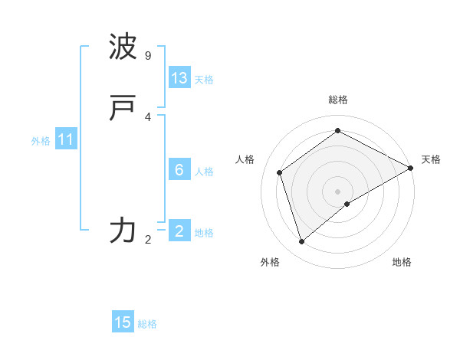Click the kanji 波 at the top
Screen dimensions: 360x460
click(x=123, y=47)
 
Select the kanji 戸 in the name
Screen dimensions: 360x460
click(x=123, y=110)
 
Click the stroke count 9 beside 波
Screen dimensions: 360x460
click(x=147, y=56)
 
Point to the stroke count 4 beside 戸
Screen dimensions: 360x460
click(x=147, y=117)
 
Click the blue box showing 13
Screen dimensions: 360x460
click(x=179, y=78)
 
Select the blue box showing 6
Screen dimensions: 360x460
click(x=179, y=170)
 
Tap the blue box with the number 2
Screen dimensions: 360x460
click(x=179, y=231)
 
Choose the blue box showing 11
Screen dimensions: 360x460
click(x=66, y=140)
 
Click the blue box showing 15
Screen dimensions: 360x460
click(x=123, y=322)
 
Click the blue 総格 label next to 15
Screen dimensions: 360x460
click(x=147, y=324)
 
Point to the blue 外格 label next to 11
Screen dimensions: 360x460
click(x=41, y=141)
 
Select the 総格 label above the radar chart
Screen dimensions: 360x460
click(x=338, y=100)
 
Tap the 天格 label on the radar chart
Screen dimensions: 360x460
click(x=431, y=159)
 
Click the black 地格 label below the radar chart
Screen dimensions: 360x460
click(x=402, y=262)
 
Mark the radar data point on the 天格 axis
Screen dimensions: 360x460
click(x=411, y=168)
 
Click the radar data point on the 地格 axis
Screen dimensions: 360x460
click(x=347, y=204)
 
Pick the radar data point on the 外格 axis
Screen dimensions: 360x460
click(x=302, y=242)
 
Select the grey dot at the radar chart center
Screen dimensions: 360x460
click(x=338, y=191)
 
